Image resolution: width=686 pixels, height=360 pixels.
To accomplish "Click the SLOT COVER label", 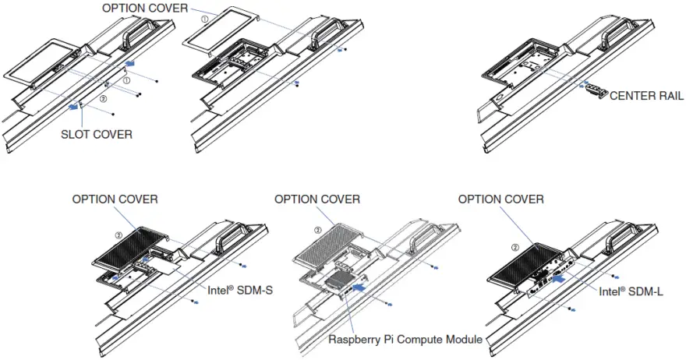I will pyautogui.click(x=97, y=134).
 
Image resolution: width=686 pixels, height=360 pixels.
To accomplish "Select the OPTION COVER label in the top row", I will pyautogui.click(x=145, y=7).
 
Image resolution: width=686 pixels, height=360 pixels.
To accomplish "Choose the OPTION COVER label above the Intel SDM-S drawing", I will pyautogui.click(x=115, y=199).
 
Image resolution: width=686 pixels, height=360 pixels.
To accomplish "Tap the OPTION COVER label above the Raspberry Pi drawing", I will pyautogui.click(x=317, y=199).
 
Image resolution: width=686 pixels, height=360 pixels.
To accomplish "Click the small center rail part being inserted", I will pyautogui.click(x=595, y=89).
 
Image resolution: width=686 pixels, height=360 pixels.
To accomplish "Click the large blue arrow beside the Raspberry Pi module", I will pyautogui.click(x=360, y=287).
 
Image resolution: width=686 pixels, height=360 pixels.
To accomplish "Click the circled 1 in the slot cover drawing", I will pyautogui.click(x=126, y=79).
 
